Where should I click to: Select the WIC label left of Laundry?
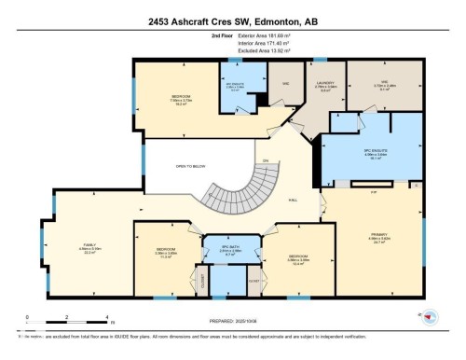tap(286, 82)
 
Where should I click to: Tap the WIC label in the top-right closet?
tap(383, 81)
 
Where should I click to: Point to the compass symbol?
tap(430, 318)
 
